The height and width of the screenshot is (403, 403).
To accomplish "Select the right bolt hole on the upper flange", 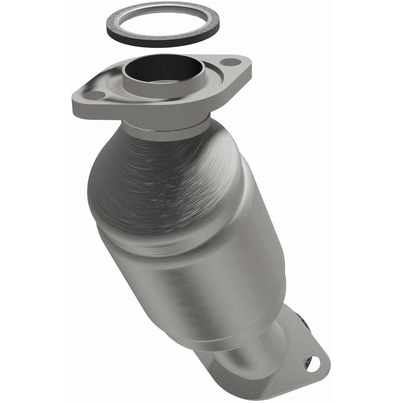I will pos(229,63).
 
